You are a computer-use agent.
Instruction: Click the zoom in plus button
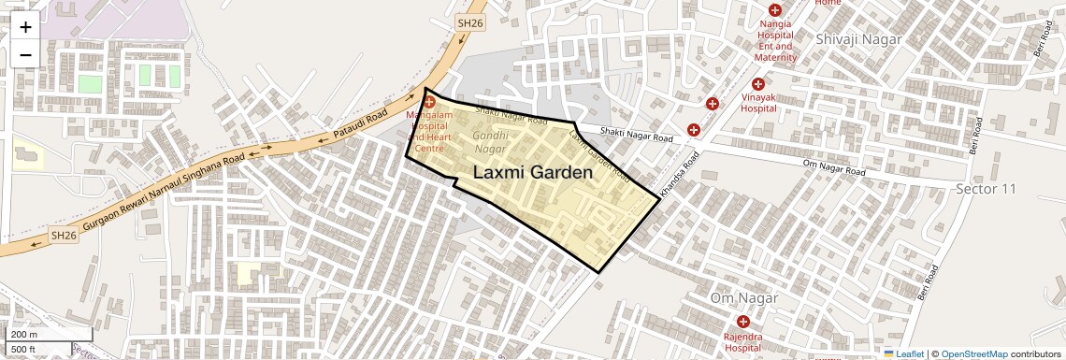point(25,27)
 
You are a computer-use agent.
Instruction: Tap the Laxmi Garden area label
point(533,173)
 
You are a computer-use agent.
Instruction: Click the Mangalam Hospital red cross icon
point(429,99)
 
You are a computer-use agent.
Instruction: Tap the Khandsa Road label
point(679,175)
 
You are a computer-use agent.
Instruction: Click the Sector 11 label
point(985,189)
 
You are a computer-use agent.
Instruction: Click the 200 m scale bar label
point(24,335)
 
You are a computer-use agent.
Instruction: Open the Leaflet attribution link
point(904,353)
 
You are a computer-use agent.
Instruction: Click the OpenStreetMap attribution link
point(973,353)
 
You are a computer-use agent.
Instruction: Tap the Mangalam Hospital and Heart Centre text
point(429,131)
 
